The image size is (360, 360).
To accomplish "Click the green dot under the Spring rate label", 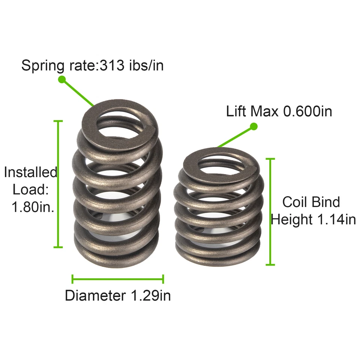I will pos(62,79).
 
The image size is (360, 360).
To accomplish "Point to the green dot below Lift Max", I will pos(254,126).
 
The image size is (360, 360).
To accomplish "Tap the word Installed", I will pos(30,172).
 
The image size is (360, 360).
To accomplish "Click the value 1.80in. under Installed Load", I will pos(33,207).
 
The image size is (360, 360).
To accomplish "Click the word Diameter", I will pos(95,295).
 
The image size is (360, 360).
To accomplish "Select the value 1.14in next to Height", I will pos(334,219).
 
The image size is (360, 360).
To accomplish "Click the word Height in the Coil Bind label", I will pos(291,219).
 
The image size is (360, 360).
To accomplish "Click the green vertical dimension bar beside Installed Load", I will pos(58,184).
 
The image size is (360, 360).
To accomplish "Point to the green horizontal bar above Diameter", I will pos(118,279).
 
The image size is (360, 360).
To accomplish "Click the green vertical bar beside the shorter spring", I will pos(270,212).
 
